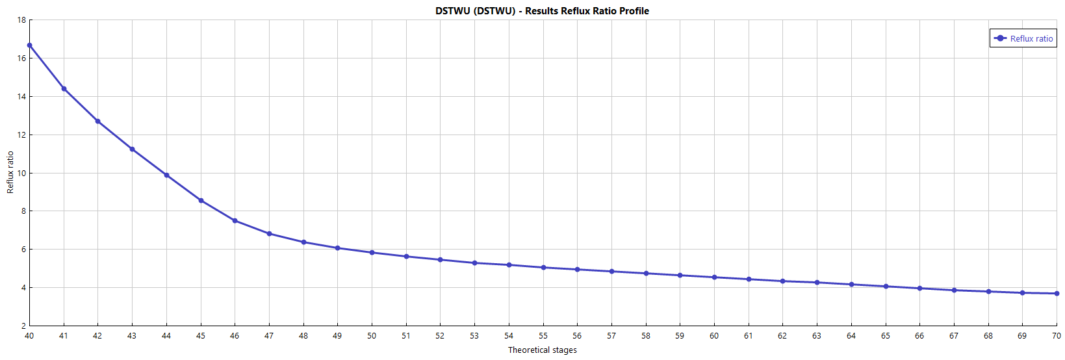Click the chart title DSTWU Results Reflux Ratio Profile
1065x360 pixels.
pos(542,11)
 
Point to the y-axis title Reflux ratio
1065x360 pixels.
pos(10,172)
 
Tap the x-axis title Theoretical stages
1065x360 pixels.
pos(542,350)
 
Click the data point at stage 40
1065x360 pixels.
pos(30,45)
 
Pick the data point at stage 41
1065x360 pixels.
pos(64,89)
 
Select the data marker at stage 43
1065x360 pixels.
pos(133,149)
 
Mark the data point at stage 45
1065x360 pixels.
pos(201,201)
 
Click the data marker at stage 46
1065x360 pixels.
pos(235,221)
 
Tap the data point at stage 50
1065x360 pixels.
pos(372,253)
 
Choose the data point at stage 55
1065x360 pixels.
pos(543,268)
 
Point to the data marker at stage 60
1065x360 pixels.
pos(714,277)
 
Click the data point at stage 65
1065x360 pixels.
pos(886,287)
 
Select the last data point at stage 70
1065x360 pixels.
pos(1057,294)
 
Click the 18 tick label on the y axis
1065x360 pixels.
pos(22,20)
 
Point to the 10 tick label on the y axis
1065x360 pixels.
pos(22,174)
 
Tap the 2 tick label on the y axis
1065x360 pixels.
pos(24,326)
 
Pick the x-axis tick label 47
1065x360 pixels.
pos(269,336)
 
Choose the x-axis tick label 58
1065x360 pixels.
pos(646,336)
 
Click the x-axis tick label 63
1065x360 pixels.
pos(817,336)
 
